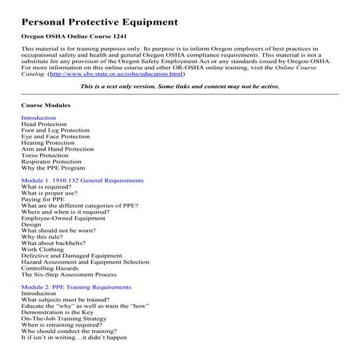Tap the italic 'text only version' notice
pyautogui.click(x=180, y=86)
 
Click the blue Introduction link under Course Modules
pyautogui.click(x=39, y=117)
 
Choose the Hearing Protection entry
pyautogui.click(x=48, y=143)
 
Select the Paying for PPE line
pyautogui.click(x=44, y=199)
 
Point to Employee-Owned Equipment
pyautogui.click(x=63, y=218)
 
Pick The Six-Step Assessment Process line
pyautogui.click(x=68, y=275)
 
